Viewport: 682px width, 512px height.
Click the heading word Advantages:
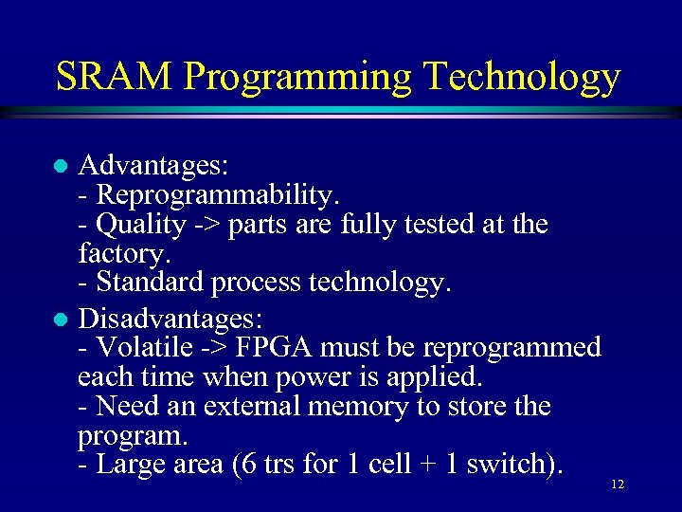click(153, 167)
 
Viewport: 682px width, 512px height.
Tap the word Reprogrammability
click(217, 195)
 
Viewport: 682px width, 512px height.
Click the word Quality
click(141, 225)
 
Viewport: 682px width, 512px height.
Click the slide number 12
click(618, 485)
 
